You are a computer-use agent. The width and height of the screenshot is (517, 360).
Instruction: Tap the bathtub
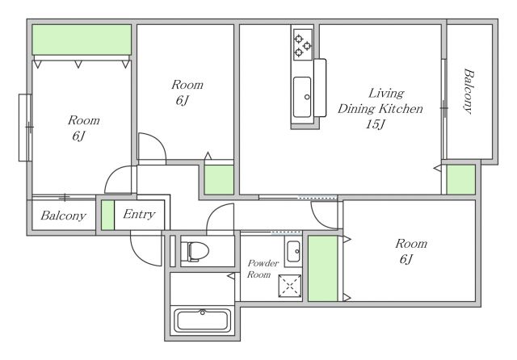tap(202, 320)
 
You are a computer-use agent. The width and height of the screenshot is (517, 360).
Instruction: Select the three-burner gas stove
tap(303, 44)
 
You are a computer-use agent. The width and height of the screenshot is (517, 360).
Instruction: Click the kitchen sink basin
tap(302, 97)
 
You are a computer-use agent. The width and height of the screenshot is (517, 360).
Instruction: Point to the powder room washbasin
tap(292, 251)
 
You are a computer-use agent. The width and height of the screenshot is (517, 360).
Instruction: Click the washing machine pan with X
tap(290, 286)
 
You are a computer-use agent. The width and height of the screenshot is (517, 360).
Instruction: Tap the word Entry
tap(139, 215)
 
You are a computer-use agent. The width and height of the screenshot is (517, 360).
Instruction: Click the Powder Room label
tap(263, 269)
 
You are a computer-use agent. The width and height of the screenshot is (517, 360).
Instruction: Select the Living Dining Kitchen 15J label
tap(380, 108)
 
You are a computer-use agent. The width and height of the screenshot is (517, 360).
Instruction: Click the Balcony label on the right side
tap(469, 91)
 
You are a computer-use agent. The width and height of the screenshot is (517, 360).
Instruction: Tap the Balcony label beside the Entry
tap(63, 216)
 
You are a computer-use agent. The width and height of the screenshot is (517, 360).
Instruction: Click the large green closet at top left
tap(82, 40)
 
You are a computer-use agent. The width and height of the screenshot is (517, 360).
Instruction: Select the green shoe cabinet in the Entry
tap(107, 215)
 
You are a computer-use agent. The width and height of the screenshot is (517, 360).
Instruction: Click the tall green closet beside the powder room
tap(323, 268)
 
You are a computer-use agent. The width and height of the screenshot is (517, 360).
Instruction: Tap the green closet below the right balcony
tap(460, 179)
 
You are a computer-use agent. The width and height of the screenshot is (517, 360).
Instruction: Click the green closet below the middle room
tap(219, 180)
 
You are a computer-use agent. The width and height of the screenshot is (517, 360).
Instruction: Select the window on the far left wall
tap(25, 128)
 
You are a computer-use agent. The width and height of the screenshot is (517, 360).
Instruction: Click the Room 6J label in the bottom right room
tap(411, 251)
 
